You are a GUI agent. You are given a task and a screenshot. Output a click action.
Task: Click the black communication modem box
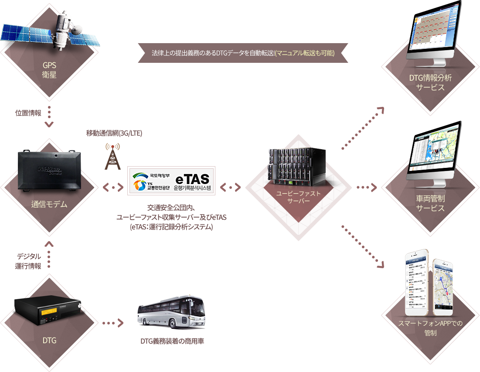click(x=49, y=170)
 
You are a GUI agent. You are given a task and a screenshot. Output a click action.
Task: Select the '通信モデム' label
click(x=49, y=204)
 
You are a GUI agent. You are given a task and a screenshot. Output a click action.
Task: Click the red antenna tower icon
click(x=112, y=156)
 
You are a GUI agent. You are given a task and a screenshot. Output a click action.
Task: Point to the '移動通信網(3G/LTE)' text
click(x=114, y=133)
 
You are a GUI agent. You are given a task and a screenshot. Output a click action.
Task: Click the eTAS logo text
click(x=192, y=178)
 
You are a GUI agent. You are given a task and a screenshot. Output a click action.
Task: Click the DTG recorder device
click(x=48, y=311)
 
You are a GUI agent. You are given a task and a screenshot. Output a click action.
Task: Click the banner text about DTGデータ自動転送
click(x=243, y=53)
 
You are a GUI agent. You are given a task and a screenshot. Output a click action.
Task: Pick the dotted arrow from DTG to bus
click(x=112, y=324)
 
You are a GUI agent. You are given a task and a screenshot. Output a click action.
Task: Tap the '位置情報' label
click(x=28, y=113)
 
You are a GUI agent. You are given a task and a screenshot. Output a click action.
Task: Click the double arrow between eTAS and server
click(x=230, y=188)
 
